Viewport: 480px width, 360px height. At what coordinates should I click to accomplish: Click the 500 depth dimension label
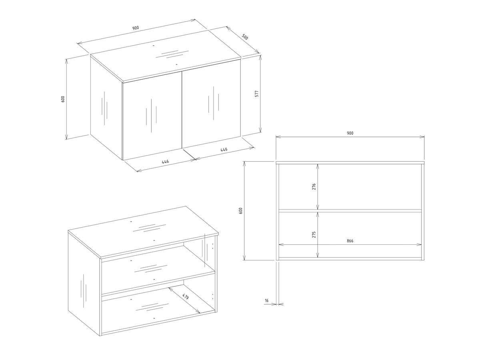(245, 37)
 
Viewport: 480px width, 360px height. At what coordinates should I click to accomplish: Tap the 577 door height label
(257, 94)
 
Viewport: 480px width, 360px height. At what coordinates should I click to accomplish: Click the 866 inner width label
(350, 241)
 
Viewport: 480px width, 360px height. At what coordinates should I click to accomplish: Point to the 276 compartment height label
(314, 186)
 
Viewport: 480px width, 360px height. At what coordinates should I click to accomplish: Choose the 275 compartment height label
(314, 234)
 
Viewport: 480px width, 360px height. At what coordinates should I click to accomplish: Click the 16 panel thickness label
(266, 300)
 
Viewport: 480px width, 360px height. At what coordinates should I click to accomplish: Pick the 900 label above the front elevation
(350, 133)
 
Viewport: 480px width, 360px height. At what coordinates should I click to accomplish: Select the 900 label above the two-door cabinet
(136, 28)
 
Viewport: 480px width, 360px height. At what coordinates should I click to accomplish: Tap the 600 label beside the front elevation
(240, 210)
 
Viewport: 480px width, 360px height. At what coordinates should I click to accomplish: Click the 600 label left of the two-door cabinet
(63, 99)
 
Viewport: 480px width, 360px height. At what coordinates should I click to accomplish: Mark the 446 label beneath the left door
(165, 162)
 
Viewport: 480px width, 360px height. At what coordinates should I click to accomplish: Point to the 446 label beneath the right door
(224, 150)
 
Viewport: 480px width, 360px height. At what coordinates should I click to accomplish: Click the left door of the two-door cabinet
(152, 116)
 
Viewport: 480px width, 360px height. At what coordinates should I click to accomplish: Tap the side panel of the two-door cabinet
(106, 108)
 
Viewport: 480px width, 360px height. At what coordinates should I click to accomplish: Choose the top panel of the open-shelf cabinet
(143, 232)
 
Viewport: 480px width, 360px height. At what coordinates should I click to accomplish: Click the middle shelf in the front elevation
(350, 211)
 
